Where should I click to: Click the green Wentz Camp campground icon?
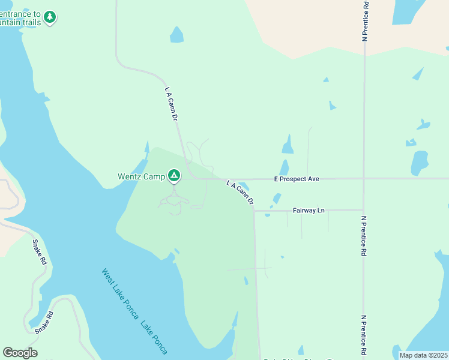point(173,175)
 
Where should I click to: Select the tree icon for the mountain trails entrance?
point(50,17)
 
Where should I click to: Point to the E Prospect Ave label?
point(297,179)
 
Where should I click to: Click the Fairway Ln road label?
point(309,211)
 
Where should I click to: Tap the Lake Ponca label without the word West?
point(154,337)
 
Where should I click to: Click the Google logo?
point(20,353)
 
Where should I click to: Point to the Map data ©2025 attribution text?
point(424,355)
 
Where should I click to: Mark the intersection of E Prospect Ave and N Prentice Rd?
point(364,178)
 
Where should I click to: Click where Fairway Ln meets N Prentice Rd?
point(364,210)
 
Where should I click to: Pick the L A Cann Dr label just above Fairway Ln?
point(240,192)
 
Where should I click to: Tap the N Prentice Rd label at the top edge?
point(365,21)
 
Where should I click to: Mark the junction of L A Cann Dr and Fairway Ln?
point(254,211)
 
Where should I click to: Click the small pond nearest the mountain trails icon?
point(176,35)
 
